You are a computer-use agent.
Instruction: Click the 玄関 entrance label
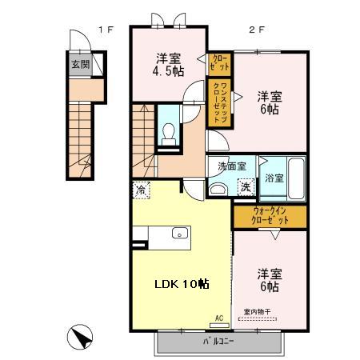(79, 66)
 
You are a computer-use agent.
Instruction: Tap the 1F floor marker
(106, 30)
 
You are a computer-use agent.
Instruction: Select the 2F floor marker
(256, 30)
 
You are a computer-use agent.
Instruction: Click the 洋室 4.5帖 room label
(167, 63)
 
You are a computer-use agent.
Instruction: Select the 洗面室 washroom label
(232, 166)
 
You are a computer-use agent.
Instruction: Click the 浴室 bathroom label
(274, 177)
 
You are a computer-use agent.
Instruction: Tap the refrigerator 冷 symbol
(141, 190)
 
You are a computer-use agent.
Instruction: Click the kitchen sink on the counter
(179, 234)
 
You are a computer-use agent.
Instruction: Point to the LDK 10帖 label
(182, 284)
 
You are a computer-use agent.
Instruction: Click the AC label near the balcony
(218, 318)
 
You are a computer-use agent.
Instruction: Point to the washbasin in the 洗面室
(218, 189)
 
